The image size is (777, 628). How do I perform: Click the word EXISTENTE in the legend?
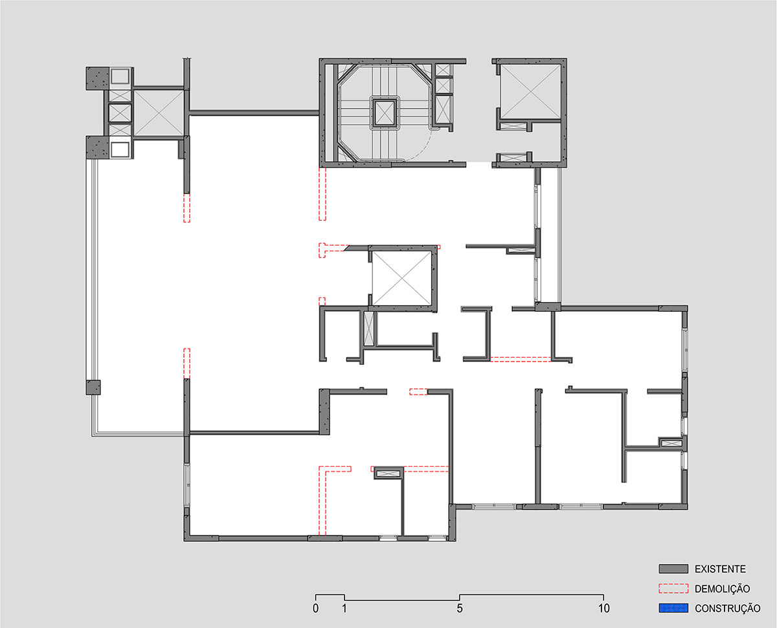(x=720, y=569)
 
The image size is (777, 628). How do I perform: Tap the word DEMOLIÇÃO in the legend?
(x=722, y=589)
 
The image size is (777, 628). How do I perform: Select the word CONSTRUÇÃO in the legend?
(x=727, y=609)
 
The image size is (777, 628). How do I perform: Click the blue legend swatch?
(x=673, y=608)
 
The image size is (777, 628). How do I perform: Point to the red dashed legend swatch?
(x=673, y=589)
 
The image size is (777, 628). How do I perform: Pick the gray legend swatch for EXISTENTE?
(x=673, y=568)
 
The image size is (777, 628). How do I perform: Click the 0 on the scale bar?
(x=315, y=608)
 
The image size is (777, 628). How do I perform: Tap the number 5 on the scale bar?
(x=460, y=608)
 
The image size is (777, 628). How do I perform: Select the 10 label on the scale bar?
(x=603, y=608)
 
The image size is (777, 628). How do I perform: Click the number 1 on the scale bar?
(x=344, y=608)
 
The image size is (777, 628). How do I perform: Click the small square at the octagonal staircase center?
(x=385, y=113)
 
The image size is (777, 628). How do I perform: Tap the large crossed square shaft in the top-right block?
(x=530, y=91)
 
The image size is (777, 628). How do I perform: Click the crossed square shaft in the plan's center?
(x=401, y=279)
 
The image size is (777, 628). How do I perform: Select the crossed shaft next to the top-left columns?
(x=159, y=113)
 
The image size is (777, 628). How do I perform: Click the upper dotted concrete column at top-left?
(x=97, y=78)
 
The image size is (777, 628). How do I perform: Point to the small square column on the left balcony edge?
(x=93, y=387)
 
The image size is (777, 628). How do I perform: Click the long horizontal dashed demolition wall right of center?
(x=521, y=360)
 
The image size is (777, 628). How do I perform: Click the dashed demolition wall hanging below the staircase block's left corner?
(x=322, y=194)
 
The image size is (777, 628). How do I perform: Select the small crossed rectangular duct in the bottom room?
(x=388, y=474)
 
